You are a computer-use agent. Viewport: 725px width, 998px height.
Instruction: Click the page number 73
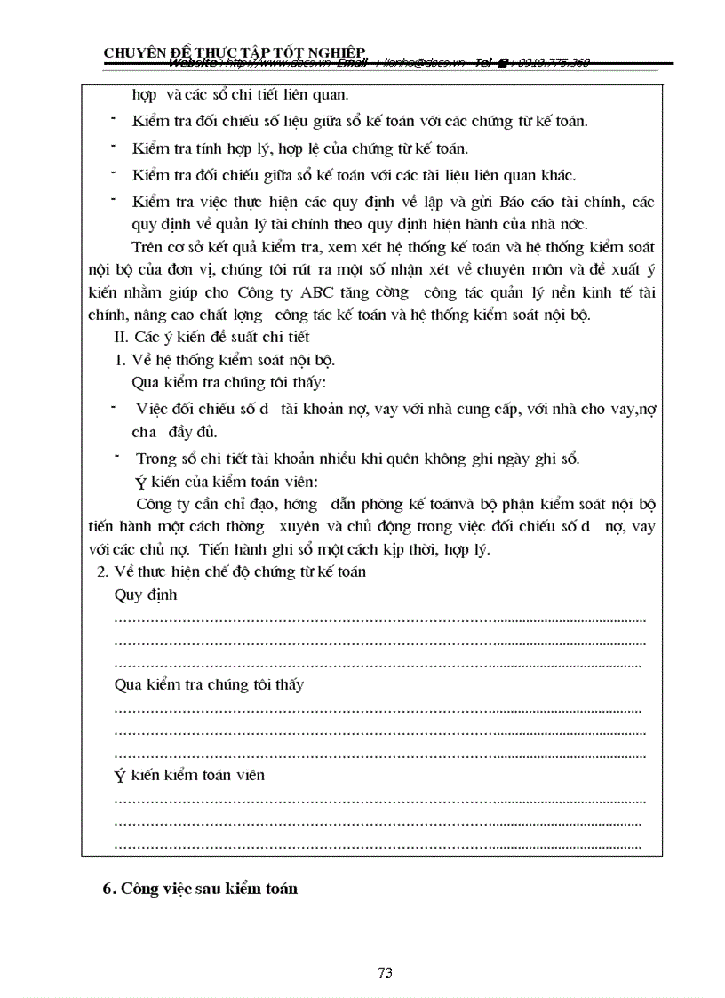point(385,972)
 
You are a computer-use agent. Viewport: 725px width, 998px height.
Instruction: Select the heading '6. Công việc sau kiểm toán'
point(200,889)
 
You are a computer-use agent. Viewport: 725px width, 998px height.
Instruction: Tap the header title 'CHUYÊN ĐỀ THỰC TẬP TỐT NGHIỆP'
point(235,52)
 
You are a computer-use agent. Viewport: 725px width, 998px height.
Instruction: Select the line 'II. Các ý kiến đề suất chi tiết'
point(211,337)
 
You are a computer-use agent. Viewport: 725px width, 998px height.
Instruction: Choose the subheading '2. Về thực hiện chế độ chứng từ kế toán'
point(231,571)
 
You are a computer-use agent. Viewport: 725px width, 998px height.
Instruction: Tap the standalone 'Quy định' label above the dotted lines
point(146,595)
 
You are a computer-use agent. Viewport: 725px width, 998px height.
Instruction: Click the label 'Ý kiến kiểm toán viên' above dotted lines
point(189,775)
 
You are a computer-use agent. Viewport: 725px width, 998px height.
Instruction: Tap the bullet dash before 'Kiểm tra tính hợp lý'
point(114,145)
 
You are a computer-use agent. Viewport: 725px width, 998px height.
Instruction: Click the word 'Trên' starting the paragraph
point(146,247)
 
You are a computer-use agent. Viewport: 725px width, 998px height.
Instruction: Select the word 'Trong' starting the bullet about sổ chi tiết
point(155,459)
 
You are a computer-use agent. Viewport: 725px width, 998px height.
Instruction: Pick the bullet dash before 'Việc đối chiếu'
point(114,406)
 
